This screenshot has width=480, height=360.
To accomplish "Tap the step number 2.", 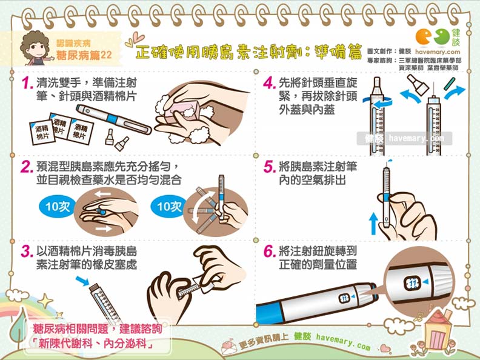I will [25, 167].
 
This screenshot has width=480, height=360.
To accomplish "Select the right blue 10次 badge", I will [169, 206].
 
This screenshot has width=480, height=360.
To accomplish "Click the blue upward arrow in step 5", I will [373, 222].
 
